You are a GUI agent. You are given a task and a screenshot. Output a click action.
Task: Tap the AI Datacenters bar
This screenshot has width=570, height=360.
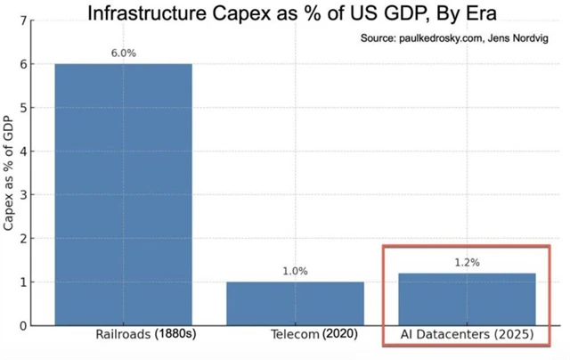(x=466, y=299)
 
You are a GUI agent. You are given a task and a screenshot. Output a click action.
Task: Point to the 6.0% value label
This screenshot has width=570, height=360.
(x=123, y=53)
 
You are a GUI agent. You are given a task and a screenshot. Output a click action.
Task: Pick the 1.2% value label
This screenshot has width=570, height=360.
(x=466, y=262)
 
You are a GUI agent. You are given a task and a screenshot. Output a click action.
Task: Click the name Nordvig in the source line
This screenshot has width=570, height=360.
(x=541, y=39)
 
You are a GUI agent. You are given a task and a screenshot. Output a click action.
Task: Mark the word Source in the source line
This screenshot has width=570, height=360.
(x=378, y=39)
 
